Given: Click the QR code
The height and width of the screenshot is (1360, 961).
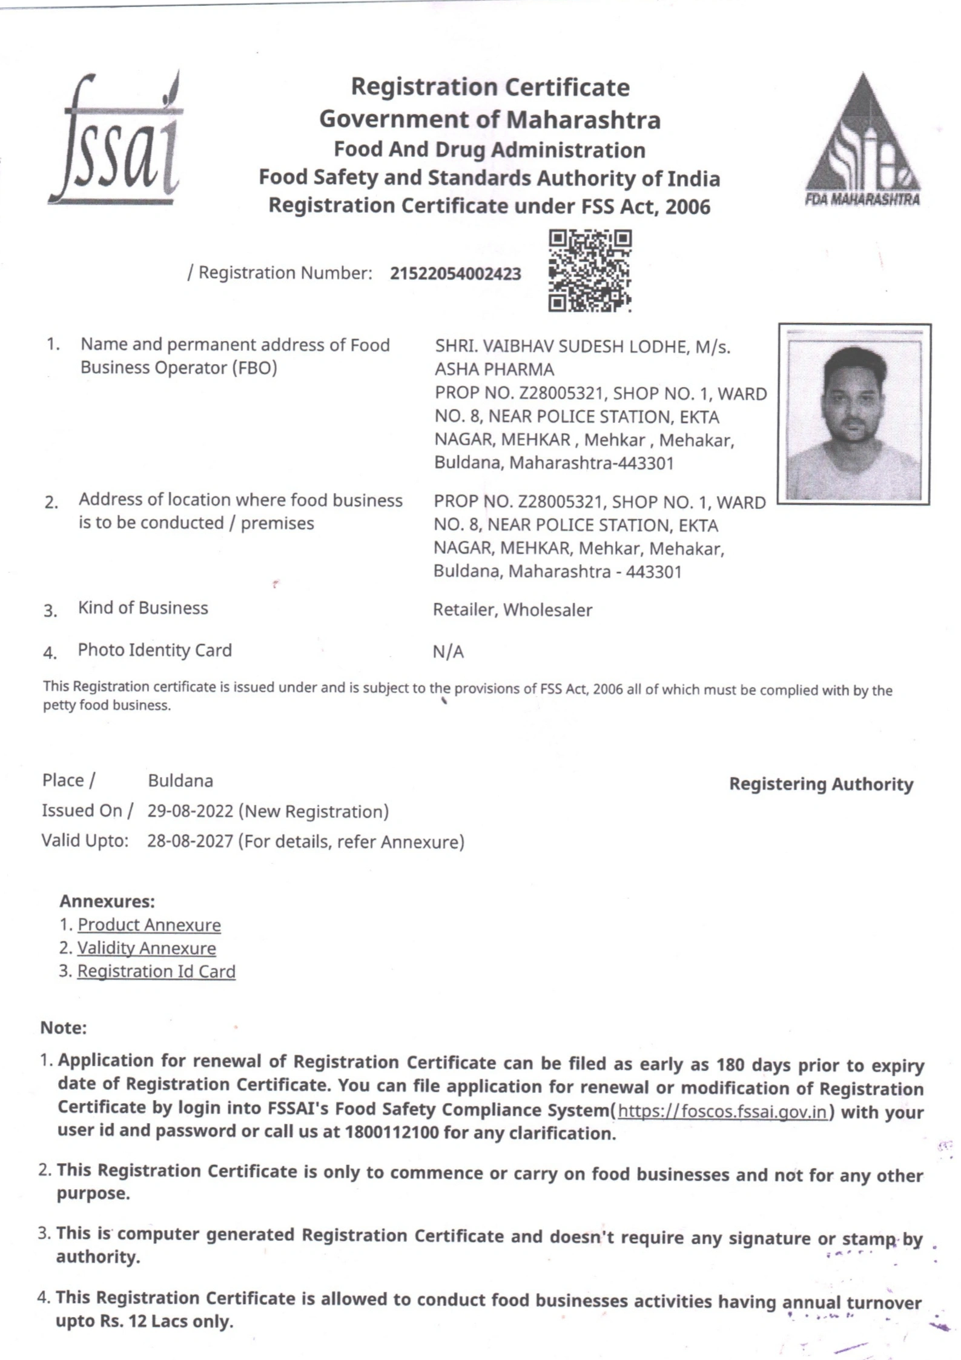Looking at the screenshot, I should coord(589,270).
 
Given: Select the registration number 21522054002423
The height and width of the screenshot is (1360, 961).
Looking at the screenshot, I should coord(455,274).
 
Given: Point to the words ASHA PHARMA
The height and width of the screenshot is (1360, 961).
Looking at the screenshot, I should coord(494,369).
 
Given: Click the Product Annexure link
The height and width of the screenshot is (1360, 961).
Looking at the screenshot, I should coord(149,925).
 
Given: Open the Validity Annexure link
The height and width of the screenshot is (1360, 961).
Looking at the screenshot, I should coord(147,948).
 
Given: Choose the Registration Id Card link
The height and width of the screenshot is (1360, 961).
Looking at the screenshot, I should coord(156,971).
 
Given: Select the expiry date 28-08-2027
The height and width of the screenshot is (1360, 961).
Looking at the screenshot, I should coord(190,841).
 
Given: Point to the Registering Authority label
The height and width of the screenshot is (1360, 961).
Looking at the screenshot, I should coord(821,784).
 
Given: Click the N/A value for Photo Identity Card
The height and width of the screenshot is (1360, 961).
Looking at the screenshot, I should coord(448,652).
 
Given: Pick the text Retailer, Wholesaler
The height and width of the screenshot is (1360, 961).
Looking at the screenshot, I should coord(512,610).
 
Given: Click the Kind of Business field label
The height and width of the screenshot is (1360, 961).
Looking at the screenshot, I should coord(143,608).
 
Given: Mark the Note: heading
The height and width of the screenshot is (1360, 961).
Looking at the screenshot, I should coord(64,1028).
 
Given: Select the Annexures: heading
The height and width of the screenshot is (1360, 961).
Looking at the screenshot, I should coord(107,901).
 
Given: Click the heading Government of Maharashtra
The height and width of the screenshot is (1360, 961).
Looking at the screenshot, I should coord(489,119).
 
